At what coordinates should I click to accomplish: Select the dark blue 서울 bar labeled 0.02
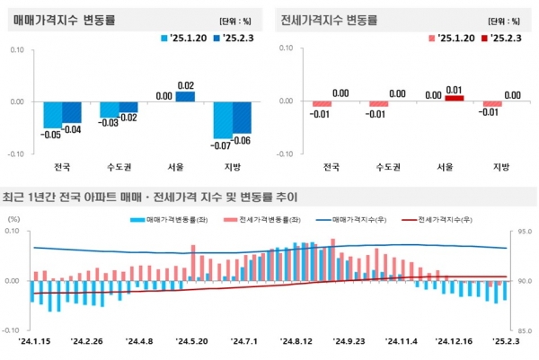[x=185, y=96]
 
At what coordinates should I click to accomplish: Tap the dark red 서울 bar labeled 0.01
[x=455, y=98]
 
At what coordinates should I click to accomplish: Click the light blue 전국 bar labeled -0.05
[x=53, y=115]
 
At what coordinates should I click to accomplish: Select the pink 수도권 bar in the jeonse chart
[x=378, y=104]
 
